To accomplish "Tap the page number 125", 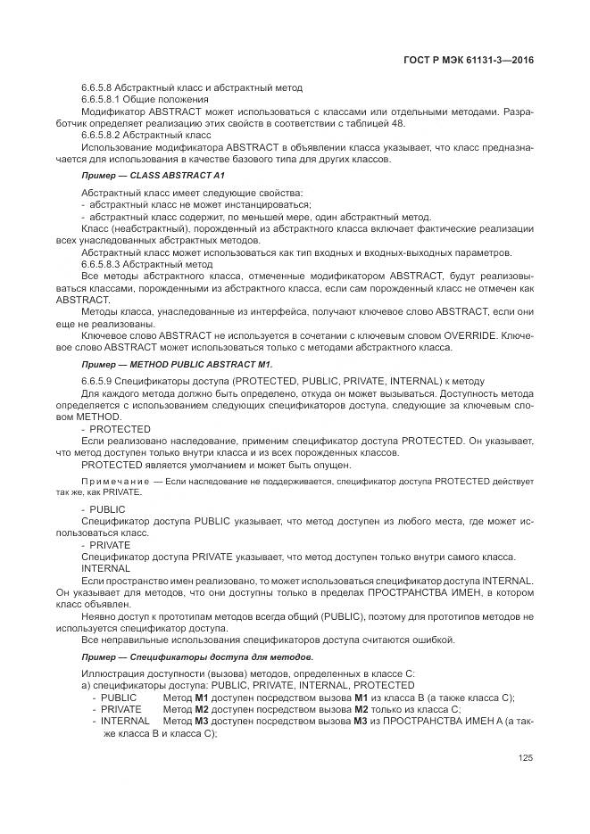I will click(x=526, y=759).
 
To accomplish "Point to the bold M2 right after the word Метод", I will click(x=202, y=708).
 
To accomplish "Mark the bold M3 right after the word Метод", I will click(x=202, y=721).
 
